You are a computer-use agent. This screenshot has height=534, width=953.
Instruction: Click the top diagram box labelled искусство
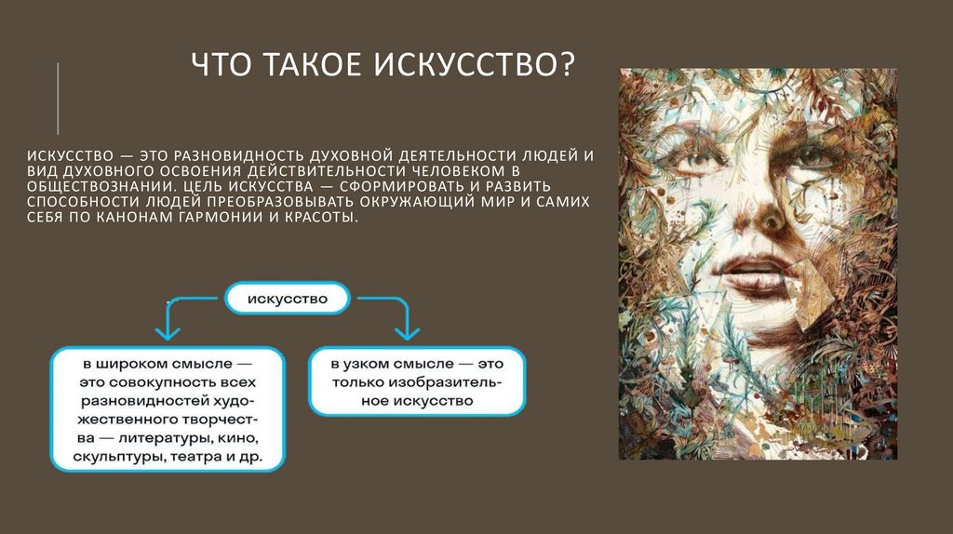click(288, 300)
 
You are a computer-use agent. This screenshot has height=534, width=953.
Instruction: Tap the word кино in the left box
click(237, 437)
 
